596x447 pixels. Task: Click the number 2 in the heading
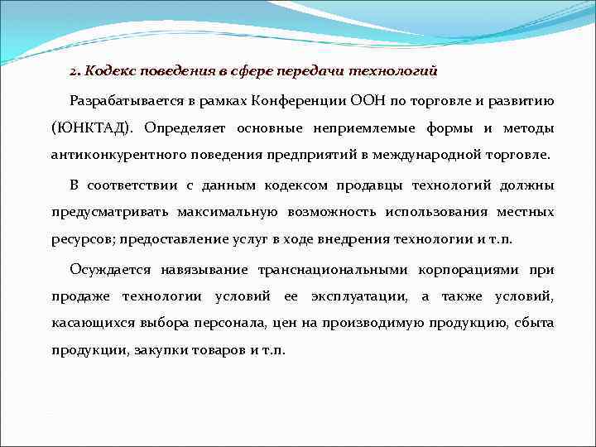coord(73,71)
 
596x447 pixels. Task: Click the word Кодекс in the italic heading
coord(106,71)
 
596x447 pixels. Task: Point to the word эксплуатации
coord(358,296)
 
